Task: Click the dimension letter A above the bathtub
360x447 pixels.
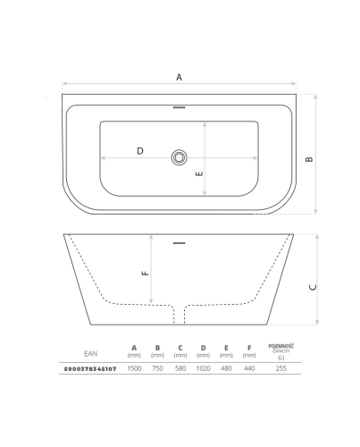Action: point(179,77)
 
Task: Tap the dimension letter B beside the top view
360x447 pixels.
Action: point(309,159)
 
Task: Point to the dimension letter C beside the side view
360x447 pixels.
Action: point(313,287)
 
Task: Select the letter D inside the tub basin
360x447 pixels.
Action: point(140,151)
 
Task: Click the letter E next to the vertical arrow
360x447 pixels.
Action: point(199,173)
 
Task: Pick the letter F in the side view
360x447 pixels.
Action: point(146,273)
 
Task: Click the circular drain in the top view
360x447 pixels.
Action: point(179,157)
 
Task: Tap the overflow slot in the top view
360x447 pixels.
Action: point(179,107)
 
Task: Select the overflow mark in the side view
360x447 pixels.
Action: point(179,243)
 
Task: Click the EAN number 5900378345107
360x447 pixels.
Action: point(90,369)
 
